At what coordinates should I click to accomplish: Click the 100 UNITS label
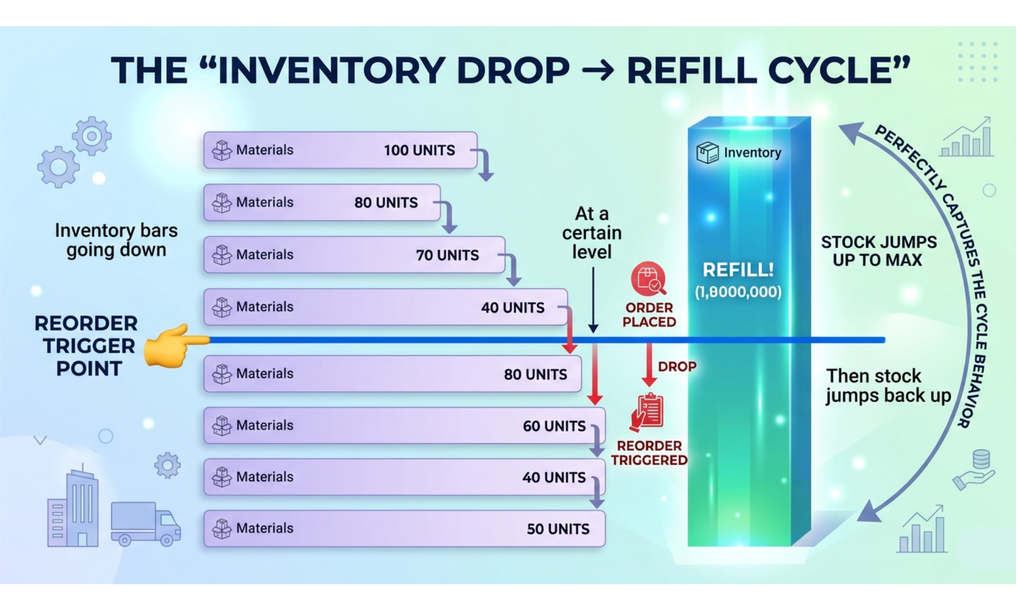419,151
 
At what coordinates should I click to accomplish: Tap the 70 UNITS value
447,255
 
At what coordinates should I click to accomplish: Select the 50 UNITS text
558,529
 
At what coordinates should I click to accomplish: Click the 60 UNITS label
554,426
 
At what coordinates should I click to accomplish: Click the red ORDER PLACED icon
648,278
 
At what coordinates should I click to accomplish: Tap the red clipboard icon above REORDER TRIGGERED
648,412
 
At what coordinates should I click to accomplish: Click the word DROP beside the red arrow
677,367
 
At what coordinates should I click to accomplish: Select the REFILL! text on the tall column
738,270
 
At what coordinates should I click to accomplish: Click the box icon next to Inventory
707,152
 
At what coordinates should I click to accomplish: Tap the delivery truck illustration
145,524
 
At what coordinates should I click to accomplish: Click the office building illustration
74,508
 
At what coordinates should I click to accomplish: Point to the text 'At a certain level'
592,233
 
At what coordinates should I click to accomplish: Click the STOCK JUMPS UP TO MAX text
878,251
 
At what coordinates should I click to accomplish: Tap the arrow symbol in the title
598,71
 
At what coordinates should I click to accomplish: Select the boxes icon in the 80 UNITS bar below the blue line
222,374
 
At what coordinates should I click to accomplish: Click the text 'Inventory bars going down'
116,240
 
